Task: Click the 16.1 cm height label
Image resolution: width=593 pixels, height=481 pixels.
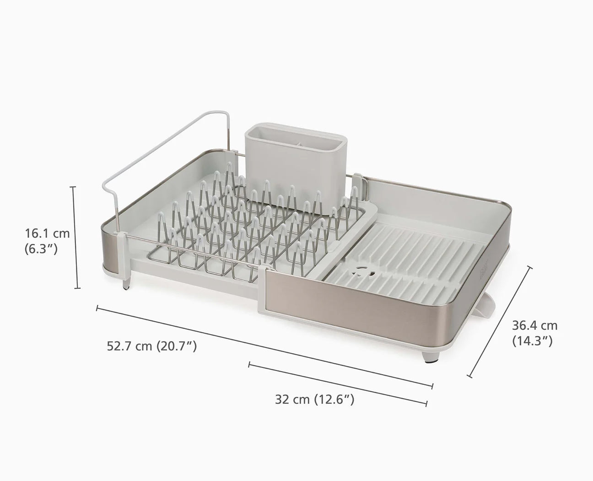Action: (x=47, y=234)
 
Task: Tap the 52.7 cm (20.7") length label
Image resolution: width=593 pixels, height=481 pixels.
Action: (x=152, y=346)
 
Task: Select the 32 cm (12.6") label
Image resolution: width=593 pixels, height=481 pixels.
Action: (x=315, y=400)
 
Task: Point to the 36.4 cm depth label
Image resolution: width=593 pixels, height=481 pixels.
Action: (x=534, y=326)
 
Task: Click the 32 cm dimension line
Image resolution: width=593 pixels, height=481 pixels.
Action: (x=338, y=384)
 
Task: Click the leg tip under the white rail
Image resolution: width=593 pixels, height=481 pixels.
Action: (x=125, y=287)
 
